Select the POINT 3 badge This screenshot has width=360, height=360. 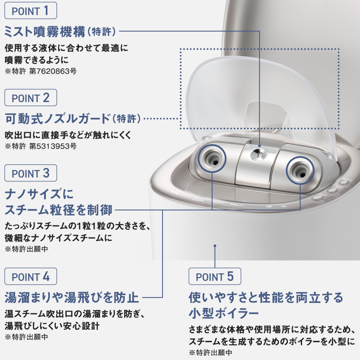(30, 172)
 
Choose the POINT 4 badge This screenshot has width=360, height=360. (30, 276)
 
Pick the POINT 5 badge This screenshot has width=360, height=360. (215, 276)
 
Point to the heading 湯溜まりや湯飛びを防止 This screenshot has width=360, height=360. (71, 297)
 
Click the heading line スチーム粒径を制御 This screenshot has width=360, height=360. (58, 210)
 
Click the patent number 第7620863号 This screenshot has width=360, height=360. (52, 71)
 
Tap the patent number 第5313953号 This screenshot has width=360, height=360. (52, 146)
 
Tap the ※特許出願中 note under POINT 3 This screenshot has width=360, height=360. (26, 249)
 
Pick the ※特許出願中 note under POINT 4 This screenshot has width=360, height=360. (26, 336)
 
